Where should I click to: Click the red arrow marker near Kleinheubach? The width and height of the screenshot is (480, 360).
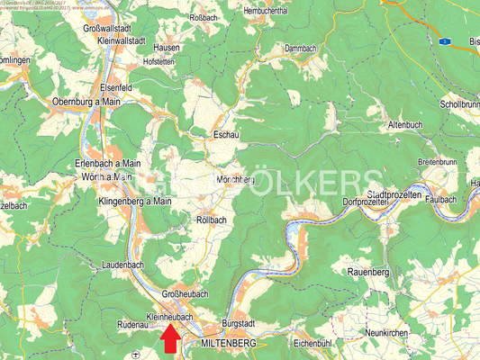pos(169,341)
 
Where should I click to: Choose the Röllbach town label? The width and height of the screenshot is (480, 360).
pos(212,219)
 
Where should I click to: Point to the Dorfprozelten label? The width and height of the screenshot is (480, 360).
pos(370,204)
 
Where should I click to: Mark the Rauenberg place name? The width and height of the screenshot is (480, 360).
pos(368,270)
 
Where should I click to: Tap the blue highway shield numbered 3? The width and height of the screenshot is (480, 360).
pos(444,41)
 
